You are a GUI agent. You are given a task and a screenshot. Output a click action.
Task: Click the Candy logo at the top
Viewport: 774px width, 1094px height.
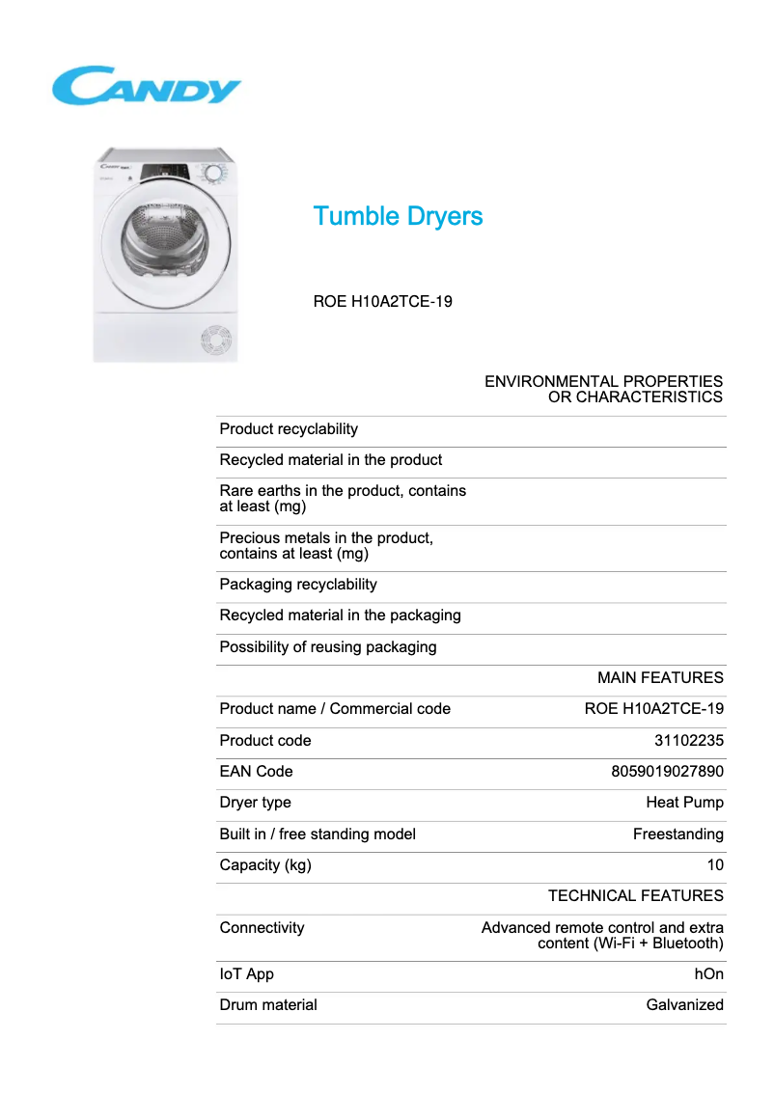click(147, 86)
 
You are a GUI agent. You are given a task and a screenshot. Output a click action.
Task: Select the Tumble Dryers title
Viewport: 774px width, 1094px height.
click(398, 216)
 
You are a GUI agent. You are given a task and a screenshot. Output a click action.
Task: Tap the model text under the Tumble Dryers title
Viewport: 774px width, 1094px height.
click(383, 301)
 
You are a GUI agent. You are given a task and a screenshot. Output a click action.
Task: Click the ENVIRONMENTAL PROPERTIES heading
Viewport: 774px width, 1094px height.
click(603, 389)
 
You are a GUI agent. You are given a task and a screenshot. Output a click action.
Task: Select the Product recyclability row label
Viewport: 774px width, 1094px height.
click(289, 429)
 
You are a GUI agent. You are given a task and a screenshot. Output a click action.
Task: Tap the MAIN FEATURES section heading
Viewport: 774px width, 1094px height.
click(660, 677)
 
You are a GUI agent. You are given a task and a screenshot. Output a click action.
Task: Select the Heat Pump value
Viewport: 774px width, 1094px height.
click(684, 802)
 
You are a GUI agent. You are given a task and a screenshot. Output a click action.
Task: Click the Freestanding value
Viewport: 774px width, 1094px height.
click(677, 834)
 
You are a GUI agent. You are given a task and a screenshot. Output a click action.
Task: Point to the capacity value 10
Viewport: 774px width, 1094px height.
click(715, 864)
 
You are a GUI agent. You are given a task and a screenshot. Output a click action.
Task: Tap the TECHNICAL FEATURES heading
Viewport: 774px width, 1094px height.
click(635, 895)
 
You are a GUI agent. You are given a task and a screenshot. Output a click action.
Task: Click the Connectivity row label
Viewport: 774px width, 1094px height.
click(262, 927)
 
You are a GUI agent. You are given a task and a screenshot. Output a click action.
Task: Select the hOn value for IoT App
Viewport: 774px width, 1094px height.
click(708, 974)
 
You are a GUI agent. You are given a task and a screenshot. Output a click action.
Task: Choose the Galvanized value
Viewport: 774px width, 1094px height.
click(684, 1004)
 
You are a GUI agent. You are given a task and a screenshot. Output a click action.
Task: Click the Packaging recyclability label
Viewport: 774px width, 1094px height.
click(298, 585)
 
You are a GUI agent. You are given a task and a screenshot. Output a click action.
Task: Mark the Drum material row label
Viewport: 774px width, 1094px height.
click(268, 1004)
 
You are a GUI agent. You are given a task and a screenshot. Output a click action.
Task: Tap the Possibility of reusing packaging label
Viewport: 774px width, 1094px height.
click(328, 646)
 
